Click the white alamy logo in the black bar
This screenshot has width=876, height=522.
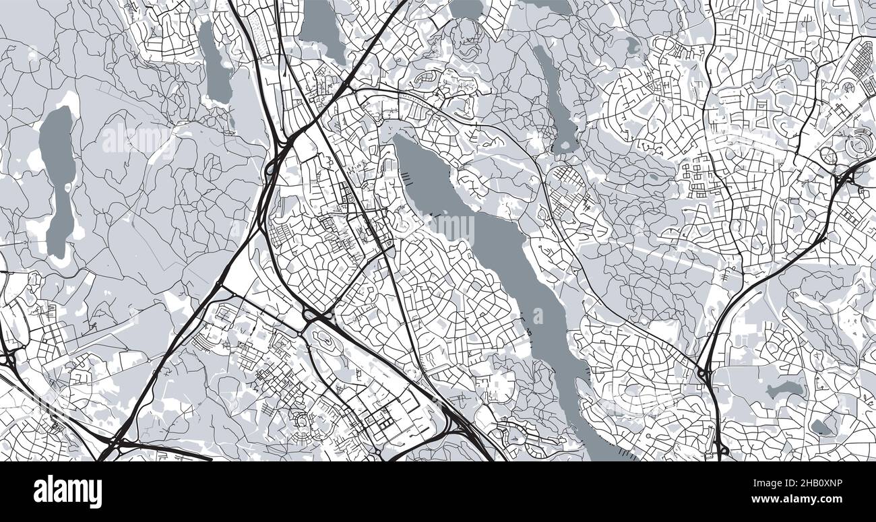[x=67, y=492]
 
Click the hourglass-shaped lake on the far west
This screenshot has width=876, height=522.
[x=58, y=175]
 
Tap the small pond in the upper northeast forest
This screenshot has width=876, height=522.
[x=631, y=46]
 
